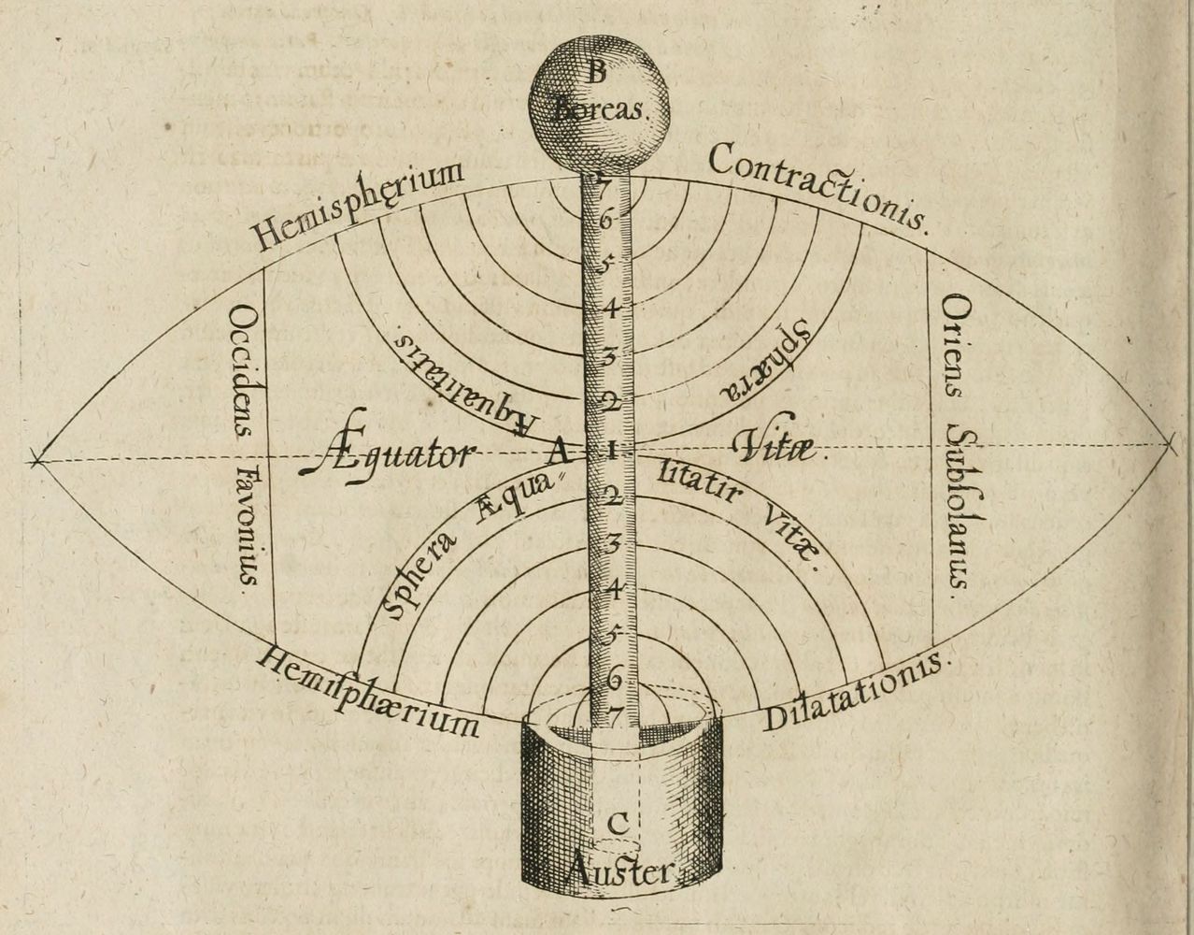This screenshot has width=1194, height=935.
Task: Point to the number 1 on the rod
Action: pyautogui.click(x=610, y=451)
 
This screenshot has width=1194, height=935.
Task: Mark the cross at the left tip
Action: pyautogui.click(x=36, y=459)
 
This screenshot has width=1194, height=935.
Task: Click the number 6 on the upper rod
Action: pyautogui.click(x=606, y=222)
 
